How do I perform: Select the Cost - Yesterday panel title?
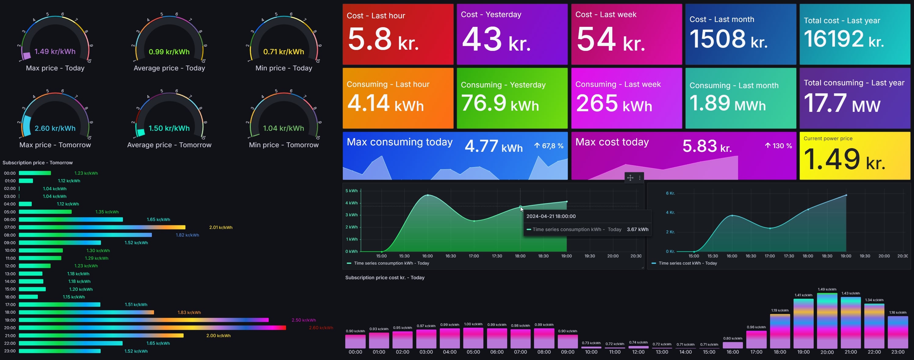click(x=491, y=15)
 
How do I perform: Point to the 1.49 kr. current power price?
click(x=844, y=160)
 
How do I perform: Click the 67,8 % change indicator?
click(x=549, y=146)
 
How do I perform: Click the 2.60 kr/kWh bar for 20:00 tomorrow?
click(x=152, y=328)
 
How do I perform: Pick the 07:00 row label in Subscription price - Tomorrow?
click(x=10, y=227)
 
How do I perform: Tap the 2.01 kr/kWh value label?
click(x=221, y=227)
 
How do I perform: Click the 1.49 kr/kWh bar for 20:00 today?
click(x=827, y=321)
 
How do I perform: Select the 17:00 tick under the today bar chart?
click(x=756, y=352)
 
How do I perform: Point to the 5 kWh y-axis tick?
click(x=351, y=191)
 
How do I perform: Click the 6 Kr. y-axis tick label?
click(x=670, y=193)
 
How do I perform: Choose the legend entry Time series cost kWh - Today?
click(x=687, y=263)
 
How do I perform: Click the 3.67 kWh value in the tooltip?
click(x=637, y=230)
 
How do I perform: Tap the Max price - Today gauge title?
click(x=55, y=68)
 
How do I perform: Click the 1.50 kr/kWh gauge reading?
click(x=169, y=128)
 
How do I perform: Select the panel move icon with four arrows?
click(x=630, y=178)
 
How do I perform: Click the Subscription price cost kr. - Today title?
click(x=385, y=278)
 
